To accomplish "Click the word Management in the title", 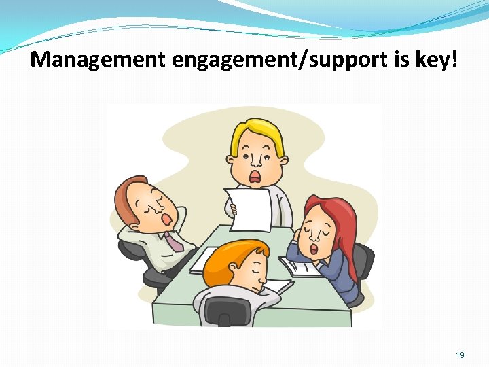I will [x=98, y=60].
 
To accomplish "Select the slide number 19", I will [x=460, y=355].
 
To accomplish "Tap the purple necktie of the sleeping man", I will [x=173, y=241].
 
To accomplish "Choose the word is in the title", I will [x=399, y=60].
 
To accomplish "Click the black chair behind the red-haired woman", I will [x=363, y=262].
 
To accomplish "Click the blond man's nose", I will [x=255, y=161].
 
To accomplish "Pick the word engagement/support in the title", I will [x=278, y=60].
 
